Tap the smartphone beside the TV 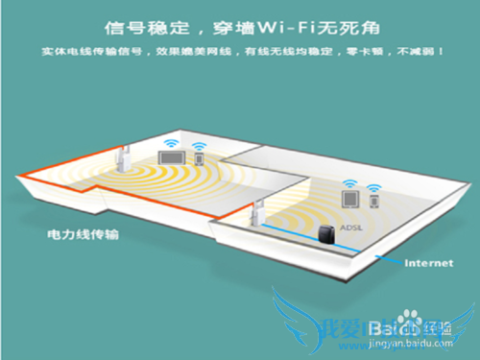pos(200,157)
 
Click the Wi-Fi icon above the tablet pos(350,181)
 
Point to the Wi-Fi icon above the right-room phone pos(373,183)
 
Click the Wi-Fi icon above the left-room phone pos(200,139)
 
